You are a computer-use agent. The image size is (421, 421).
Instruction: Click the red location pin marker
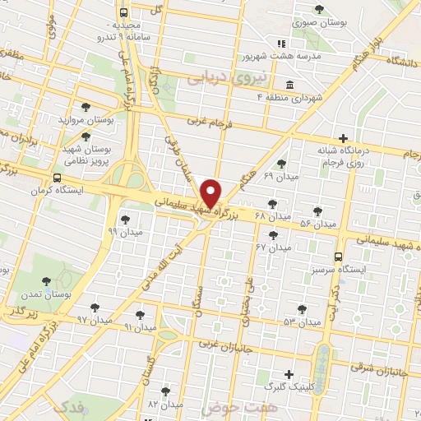[x=211, y=194]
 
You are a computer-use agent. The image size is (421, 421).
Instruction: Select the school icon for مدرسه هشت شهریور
[x=281, y=44]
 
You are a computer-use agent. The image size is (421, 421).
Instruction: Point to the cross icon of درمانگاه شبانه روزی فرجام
[x=344, y=137]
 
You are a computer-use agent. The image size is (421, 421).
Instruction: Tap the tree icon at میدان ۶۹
[x=282, y=164]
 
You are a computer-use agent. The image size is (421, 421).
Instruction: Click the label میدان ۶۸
[x=273, y=215]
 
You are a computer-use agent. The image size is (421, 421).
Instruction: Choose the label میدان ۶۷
[x=273, y=247]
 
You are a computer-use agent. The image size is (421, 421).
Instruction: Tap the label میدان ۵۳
[x=301, y=321]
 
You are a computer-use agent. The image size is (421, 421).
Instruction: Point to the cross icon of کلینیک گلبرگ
[x=288, y=373]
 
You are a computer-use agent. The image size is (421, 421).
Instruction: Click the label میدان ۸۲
[x=165, y=405]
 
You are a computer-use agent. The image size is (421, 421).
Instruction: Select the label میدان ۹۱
[x=140, y=326]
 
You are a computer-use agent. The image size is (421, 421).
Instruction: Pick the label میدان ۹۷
[x=95, y=317]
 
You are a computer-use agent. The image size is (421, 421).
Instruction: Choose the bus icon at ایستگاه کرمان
[x=57, y=178]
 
